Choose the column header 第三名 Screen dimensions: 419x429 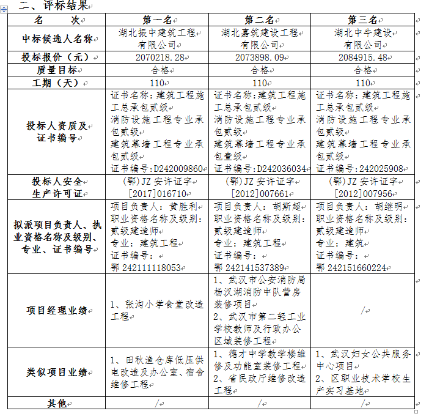(x=362, y=20)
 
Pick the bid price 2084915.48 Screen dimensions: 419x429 (x=361, y=57)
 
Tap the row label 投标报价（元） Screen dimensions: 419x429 (x=56, y=57)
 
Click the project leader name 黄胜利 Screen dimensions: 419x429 (x=183, y=207)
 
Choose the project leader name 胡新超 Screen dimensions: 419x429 (x=286, y=207)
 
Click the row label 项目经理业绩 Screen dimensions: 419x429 (x=56, y=310)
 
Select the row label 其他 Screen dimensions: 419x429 (x=56, y=403)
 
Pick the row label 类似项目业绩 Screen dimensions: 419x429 (x=56, y=372)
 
